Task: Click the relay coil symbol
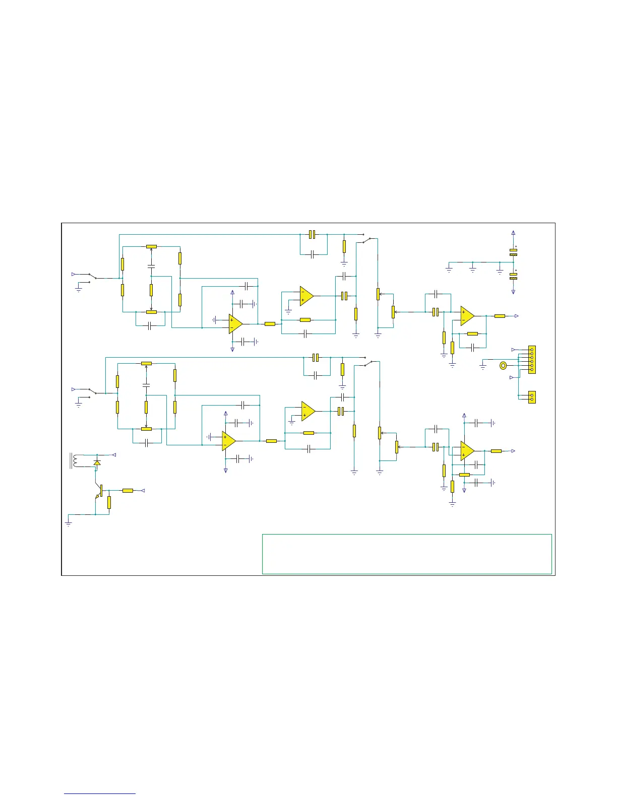pyautogui.click(x=76, y=461)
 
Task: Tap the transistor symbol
pyautogui.click(x=99, y=491)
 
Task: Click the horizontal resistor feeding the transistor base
pyautogui.click(x=128, y=490)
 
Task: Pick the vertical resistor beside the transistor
pyautogui.click(x=109, y=502)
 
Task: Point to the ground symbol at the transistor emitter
pyautogui.click(x=69, y=523)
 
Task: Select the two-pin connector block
pyautogui.click(x=531, y=397)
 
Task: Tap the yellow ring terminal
pyautogui.click(x=503, y=366)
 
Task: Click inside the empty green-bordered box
pyautogui.click(x=407, y=554)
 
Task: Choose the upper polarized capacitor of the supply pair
pyautogui.click(x=513, y=252)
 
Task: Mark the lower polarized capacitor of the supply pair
pyautogui.click(x=513, y=276)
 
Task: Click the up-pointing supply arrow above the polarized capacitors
pyautogui.click(x=513, y=233)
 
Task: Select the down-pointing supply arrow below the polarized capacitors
pyautogui.click(x=513, y=291)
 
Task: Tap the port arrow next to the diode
pyautogui.click(x=114, y=455)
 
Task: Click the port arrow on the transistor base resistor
pyautogui.click(x=143, y=490)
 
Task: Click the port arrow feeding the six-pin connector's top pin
pyautogui.click(x=513, y=349)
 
